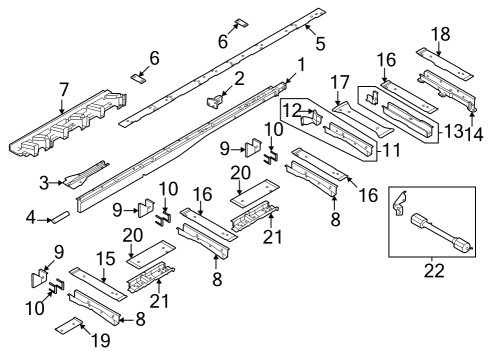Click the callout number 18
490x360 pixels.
[x=436, y=34]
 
